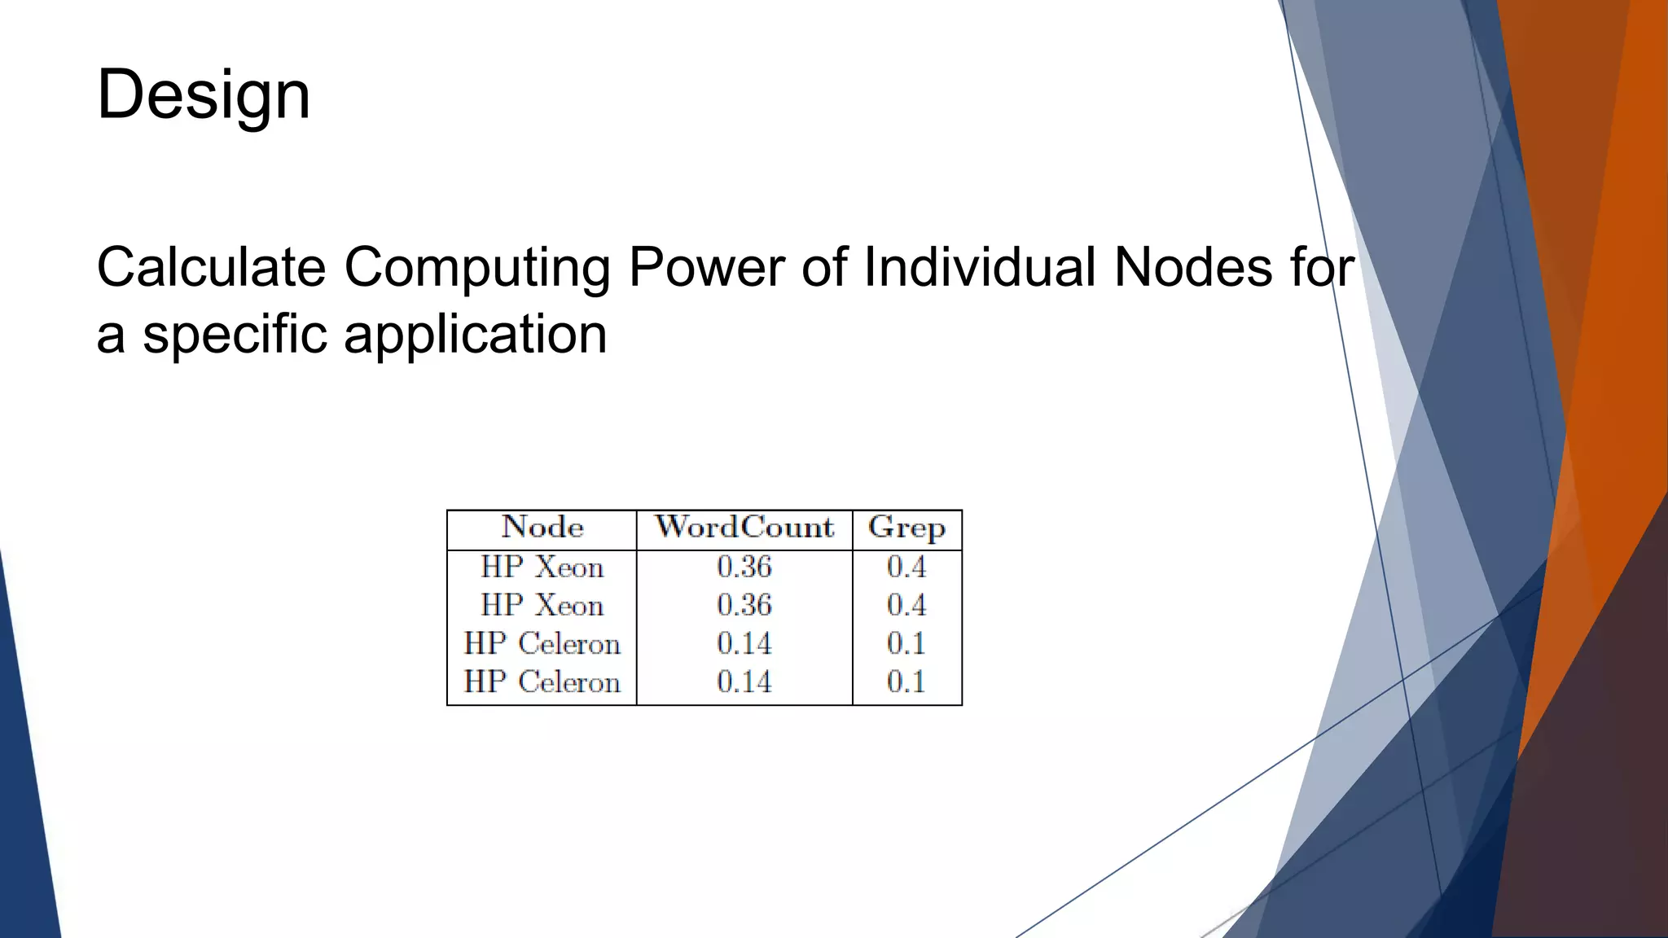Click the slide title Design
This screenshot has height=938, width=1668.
[204, 94]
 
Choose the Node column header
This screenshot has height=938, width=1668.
[542, 528]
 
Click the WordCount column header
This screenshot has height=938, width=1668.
[744, 528]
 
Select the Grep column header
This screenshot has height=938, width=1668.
[906, 528]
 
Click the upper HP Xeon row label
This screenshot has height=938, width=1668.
[542, 567]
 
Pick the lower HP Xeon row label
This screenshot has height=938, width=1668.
[542, 605]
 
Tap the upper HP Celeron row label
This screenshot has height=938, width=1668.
[542, 643]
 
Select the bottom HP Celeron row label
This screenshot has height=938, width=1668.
[542, 682]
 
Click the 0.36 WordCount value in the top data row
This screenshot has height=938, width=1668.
[744, 567]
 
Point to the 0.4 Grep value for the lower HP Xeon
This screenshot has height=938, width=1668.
[906, 605]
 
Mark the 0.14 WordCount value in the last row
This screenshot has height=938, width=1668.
[744, 682]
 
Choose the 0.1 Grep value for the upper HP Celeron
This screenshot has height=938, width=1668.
[906, 643]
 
